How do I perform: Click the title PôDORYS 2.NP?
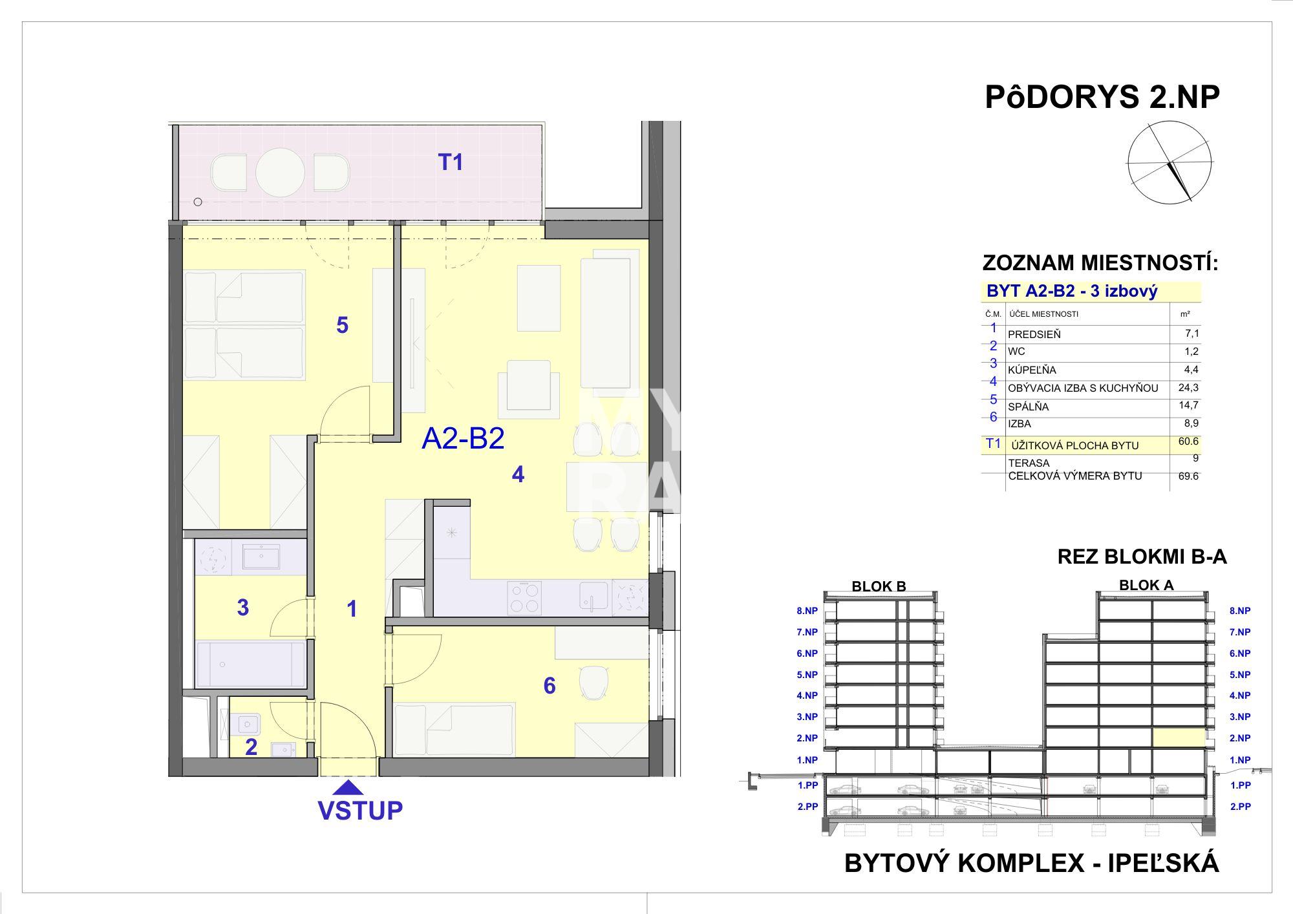click(x=1102, y=98)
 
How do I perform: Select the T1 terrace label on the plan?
click(x=451, y=162)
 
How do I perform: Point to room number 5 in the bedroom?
click(x=342, y=324)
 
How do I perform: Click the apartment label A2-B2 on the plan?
click(x=463, y=438)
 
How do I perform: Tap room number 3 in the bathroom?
click(x=243, y=608)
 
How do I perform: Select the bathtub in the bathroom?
click(x=250, y=664)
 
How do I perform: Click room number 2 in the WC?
click(x=251, y=747)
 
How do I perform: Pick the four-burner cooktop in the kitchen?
click(x=524, y=597)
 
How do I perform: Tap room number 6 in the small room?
click(x=550, y=685)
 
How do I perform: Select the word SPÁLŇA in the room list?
click(x=1029, y=407)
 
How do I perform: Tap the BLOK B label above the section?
click(x=879, y=587)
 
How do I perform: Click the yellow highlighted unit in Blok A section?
click(x=1179, y=738)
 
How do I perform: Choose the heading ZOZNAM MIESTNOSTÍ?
click(x=1100, y=263)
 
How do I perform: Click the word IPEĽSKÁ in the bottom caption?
click(x=1164, y=864)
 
